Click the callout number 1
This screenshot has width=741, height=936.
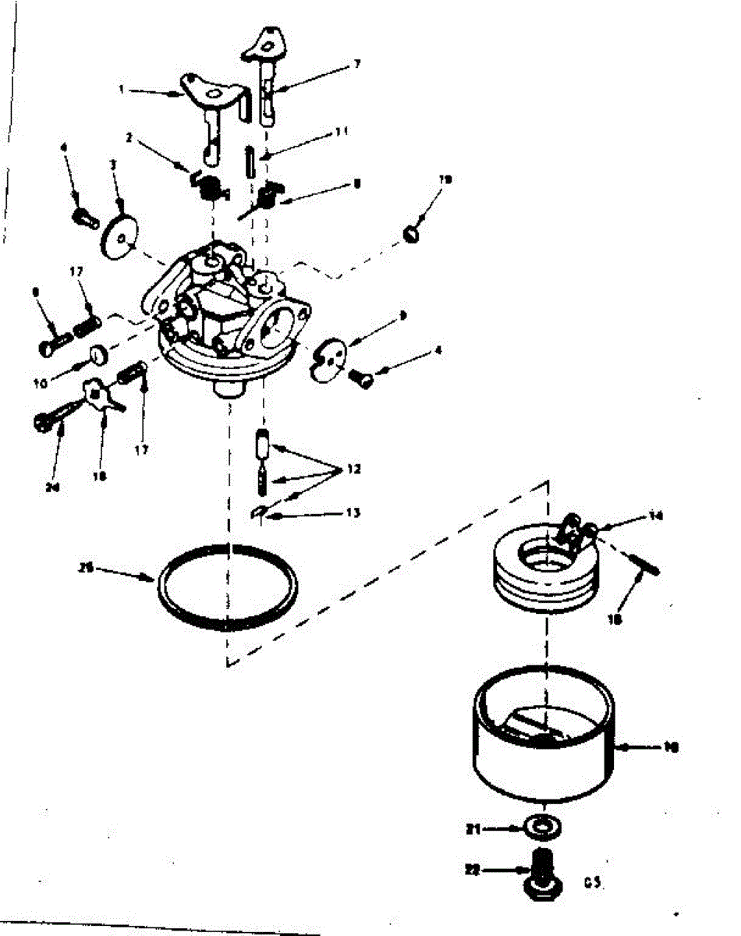(122, 90)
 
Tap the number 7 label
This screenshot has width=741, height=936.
(357, 64)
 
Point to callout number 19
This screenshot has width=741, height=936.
(446, 180)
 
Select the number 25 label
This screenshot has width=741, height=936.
(87, 569)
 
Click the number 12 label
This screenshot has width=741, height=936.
(355, 470)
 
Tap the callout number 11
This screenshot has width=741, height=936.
(342, 133)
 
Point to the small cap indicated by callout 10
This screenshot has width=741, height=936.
(99, 355)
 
